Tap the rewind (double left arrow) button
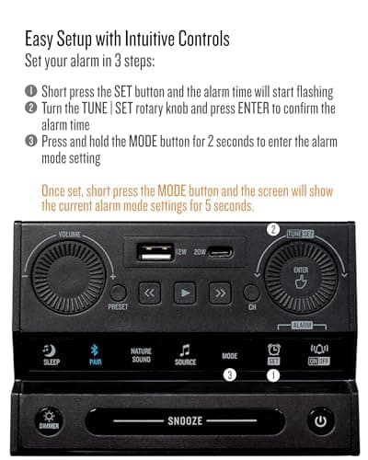coord(150,293)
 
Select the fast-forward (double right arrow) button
coord(219,293)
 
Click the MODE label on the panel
coord(229,355)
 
